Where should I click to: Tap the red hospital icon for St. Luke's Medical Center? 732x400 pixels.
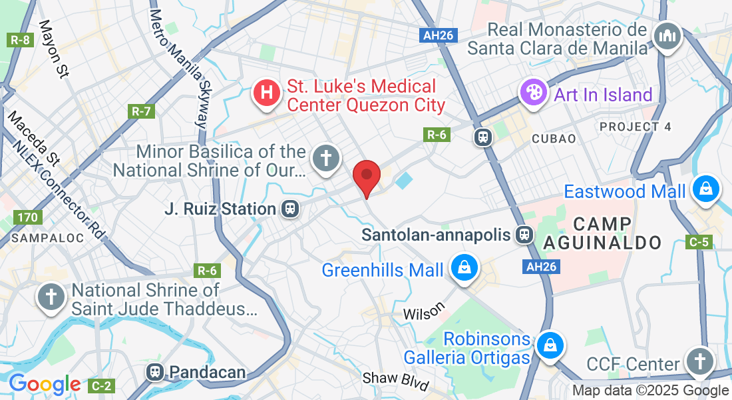pos(266,93)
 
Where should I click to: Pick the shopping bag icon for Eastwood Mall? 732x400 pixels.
pos(705,189)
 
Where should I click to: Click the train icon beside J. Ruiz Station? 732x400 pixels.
pos(289,209)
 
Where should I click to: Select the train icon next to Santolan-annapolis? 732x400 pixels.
pos(524,234)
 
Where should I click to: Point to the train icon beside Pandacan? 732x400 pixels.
pos(156,371)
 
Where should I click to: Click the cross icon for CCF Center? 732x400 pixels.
pos(699,363)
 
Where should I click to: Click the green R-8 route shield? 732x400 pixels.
pos(20,40)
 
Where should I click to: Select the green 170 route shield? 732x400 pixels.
pos(29,217)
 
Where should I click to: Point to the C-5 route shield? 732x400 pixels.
pos(699,242)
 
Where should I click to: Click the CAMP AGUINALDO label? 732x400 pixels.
pos(604,233)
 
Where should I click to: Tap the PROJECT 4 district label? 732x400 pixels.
pos(636,127)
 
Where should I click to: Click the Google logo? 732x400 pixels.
pos(45,384)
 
